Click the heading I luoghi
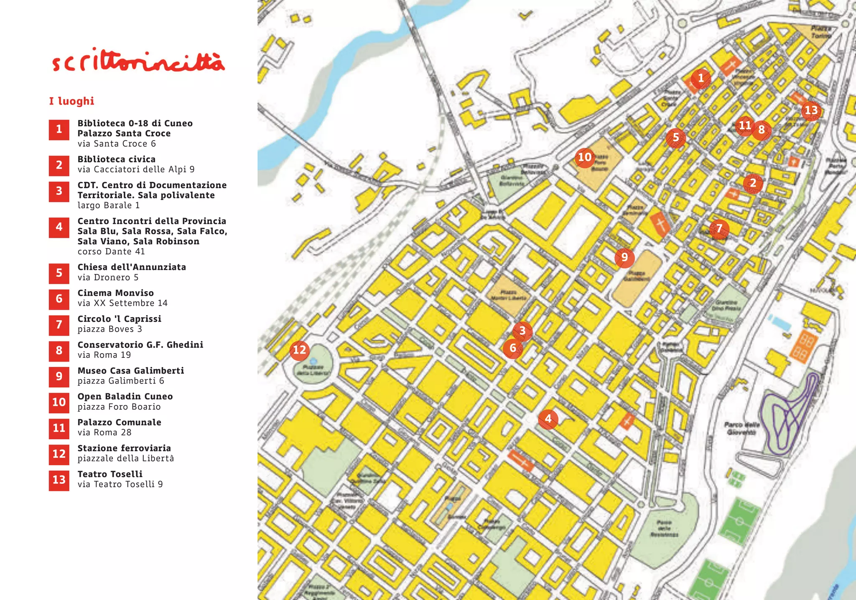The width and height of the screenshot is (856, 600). [x=71, y=101]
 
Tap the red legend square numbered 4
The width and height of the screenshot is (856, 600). [x=59, y=227]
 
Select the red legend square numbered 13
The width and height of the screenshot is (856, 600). [x=59, y=480]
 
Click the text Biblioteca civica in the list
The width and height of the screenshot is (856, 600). [x=116, y=159]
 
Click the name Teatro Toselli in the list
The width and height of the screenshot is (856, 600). [x=110, y=474]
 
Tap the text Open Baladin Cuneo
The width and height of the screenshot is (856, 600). [x=125, y=396]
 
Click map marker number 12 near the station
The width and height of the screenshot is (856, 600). [x=299, y=350]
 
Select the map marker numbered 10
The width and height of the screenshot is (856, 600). [x=584, y=157]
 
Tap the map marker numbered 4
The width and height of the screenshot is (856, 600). [x=548, y=418]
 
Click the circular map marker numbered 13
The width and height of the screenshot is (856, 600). [x=811, y=110]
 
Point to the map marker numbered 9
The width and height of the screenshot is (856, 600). [x=624, y=257]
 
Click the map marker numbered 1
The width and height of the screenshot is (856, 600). [x=701, y=78]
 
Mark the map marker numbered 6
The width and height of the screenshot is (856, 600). [x=513, y=348]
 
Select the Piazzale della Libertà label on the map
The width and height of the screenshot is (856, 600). [x=313, y=370]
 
